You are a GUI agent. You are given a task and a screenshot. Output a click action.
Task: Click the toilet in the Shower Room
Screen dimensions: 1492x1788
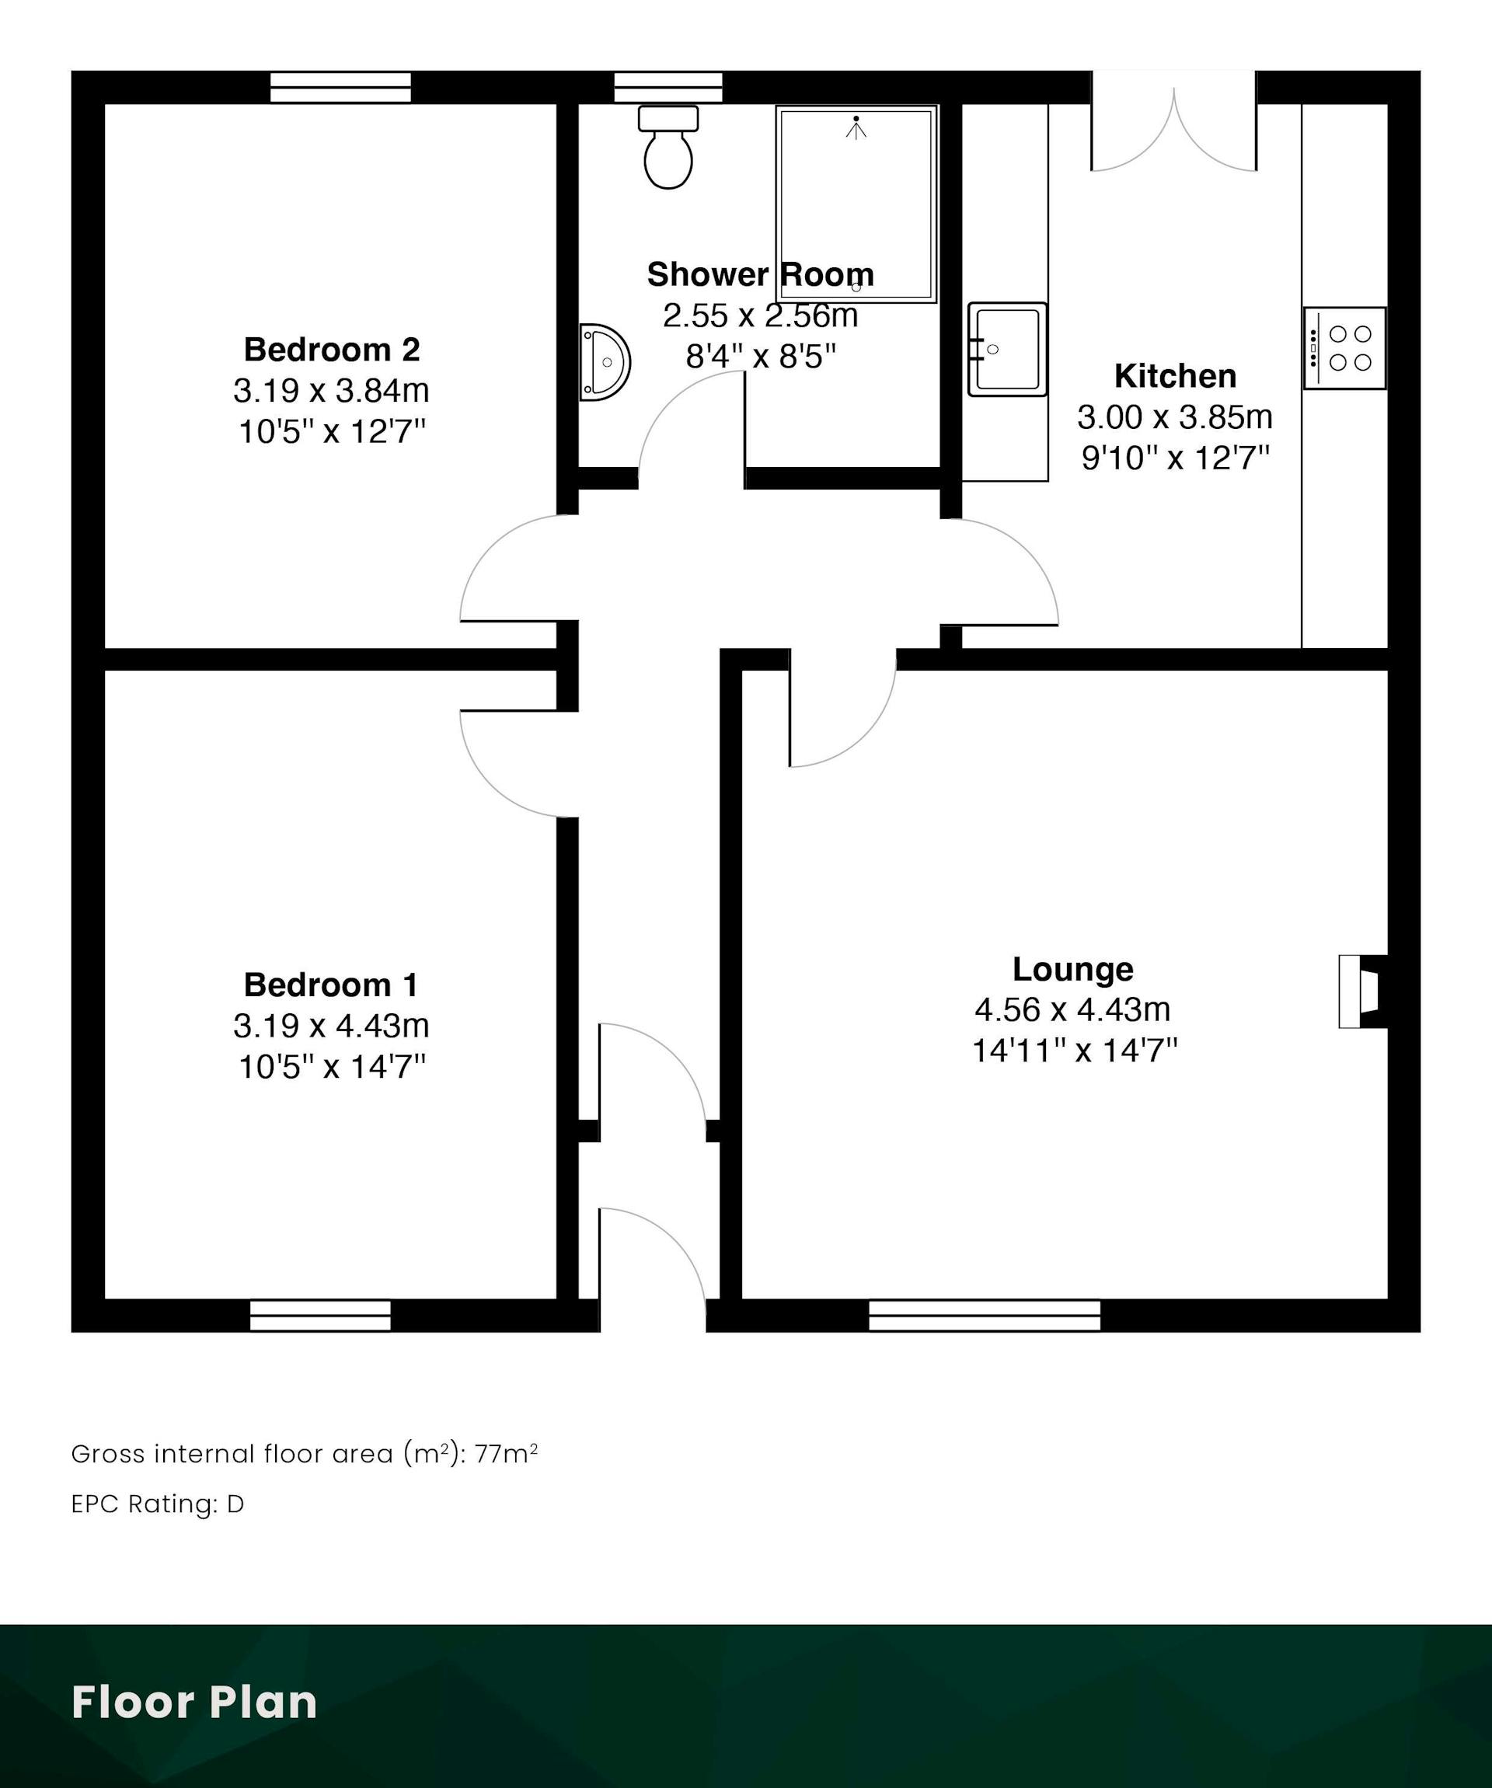pos(668,146)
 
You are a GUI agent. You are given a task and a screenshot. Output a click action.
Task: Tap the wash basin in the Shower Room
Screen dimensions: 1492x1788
pos(605,362)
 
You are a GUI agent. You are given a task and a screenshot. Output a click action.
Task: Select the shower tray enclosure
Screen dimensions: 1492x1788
pos(856,204)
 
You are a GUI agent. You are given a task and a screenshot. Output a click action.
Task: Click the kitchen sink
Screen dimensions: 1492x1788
pos(1007,349)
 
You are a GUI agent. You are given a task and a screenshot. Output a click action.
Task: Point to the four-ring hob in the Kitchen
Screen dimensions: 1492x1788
pos(1344,348)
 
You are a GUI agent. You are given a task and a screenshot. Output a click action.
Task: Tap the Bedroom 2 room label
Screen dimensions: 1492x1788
pos(331,349)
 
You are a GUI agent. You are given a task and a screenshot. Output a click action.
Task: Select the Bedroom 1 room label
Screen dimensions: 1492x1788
pos(331,985)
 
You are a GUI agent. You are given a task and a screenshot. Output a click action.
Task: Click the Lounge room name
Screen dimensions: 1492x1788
pos(1073,969)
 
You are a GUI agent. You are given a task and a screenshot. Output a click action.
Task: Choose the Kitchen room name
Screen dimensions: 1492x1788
pos(1175,375)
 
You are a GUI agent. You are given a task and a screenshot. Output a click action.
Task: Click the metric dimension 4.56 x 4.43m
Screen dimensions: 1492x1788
pos(1073,1010)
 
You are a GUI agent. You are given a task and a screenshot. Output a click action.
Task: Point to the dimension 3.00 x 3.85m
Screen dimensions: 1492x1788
pos(1175,417)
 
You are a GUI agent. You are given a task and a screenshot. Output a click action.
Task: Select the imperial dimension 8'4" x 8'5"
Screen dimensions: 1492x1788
pos(762,357)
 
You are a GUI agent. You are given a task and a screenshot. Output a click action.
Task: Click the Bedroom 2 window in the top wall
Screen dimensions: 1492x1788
pos(340,88)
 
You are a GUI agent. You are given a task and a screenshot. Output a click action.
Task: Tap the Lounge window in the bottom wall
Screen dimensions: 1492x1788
pos(985,1316)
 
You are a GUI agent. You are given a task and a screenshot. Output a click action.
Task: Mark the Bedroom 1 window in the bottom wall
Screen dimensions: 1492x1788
pos(320,1316)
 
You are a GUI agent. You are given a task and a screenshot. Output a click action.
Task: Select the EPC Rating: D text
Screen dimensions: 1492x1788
pos(158,1504)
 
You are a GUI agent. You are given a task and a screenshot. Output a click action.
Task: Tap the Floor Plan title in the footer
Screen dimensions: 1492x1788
pos(194,1702)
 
